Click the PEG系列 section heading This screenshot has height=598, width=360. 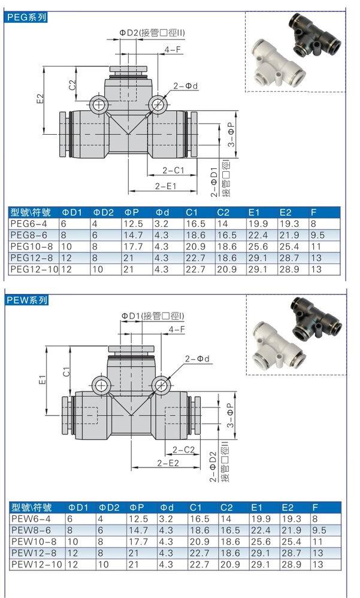point(26,17)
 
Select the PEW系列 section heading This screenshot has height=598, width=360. point(26,300)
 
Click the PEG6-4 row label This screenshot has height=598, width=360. point(26,223)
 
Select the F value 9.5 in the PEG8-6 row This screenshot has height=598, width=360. point(318,235)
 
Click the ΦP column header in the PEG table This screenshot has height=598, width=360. point(132,212)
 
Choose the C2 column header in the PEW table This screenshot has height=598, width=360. point(224,508)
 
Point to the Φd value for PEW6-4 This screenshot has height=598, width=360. point(165,519)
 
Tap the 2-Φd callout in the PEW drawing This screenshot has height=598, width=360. point(198,359)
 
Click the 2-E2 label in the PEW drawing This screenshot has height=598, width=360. point(168,463)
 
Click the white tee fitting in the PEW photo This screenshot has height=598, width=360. point(273,340)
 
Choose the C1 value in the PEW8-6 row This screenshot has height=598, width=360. point(195,530)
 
